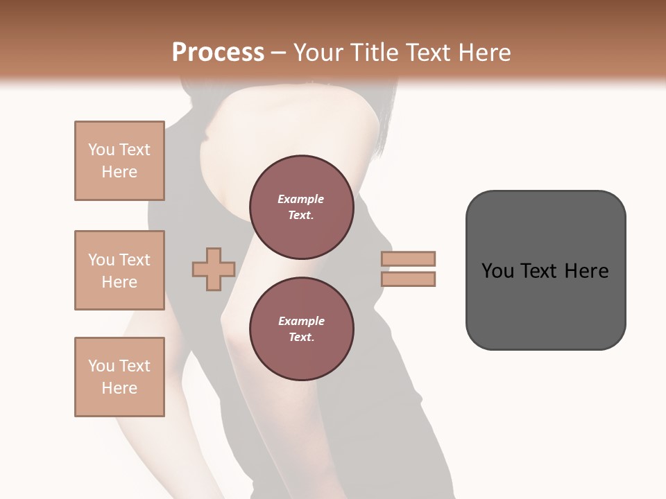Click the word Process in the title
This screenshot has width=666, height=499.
tap(218, 53)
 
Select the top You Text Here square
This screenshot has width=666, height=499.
tap(119, 161)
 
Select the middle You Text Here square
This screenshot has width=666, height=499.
tap(119, 270)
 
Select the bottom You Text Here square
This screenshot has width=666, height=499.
tap(119, 377)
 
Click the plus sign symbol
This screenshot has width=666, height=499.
tap(213, 269)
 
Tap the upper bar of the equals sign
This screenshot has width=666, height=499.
tap(408, 259)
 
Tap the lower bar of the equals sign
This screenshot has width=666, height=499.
tap(408, 279)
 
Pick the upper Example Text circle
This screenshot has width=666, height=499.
tap(301, 207)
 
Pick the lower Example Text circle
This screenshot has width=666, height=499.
tap(301, 329)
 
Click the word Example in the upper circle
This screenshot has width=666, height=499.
tap(301, 199)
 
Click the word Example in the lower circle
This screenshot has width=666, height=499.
tap(301, 321)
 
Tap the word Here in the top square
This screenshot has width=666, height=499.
tap(119, 172)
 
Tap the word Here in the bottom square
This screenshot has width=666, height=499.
tap(119, 388)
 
